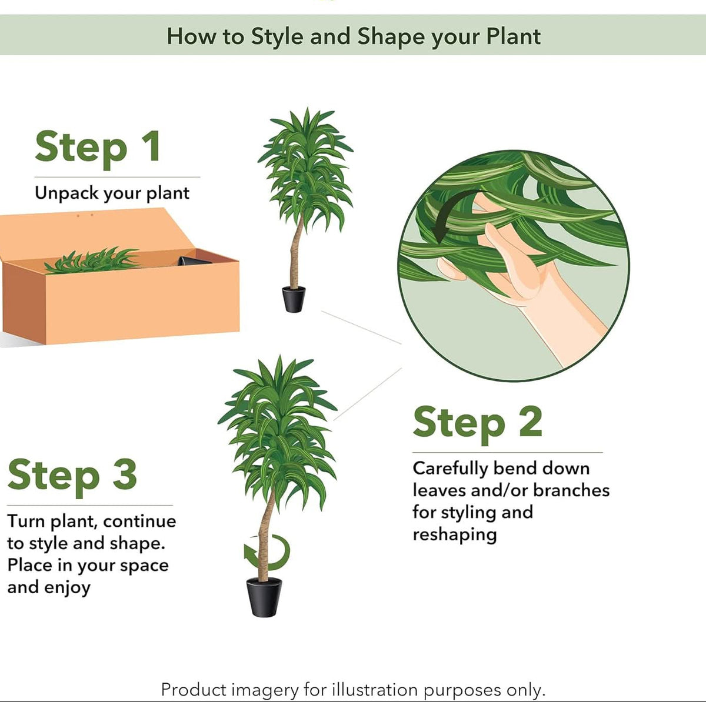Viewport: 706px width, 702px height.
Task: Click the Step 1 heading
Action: (x=98, y=147)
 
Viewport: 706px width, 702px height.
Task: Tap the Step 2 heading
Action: (x=477, y=423)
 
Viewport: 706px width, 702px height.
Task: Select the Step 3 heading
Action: (x=72, y=475)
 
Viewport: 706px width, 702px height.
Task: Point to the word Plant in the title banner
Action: (x=513, y=36)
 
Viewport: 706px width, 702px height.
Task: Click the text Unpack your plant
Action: (x=112, y=193)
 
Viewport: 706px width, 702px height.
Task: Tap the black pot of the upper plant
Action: (x=294, y=299)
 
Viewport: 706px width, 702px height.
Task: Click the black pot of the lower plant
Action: (x=264, y=597)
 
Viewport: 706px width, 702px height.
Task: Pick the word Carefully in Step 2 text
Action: (x=450, y=469)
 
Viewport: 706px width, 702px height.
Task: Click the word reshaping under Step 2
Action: (x=454, y=534)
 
